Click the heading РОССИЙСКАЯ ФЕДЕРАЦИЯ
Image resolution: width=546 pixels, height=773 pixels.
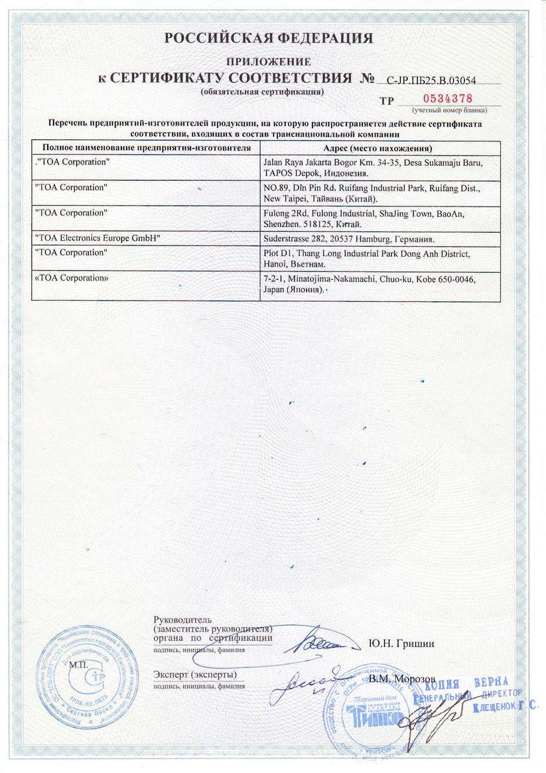tap(269, 38)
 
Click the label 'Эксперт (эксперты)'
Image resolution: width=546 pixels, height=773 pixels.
tap(195, 674)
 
